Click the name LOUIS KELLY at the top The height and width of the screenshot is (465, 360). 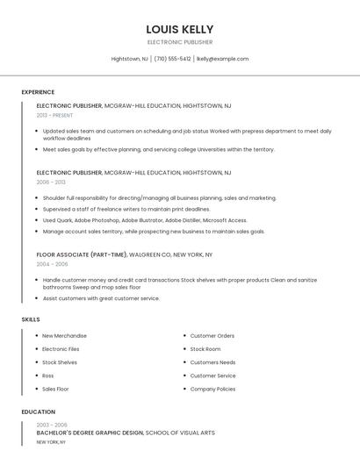(179, 29)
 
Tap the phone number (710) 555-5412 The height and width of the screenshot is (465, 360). (172, 59)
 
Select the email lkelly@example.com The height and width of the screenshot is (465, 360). (222, 59)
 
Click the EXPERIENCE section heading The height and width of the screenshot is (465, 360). (38, 92)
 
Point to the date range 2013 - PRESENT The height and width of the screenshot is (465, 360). (55, 115)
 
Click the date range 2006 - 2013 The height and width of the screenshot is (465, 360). (51, 182)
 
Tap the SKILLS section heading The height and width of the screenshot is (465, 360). (31, 319)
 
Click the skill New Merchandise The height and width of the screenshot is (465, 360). (64, 336)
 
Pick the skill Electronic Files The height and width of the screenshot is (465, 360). (61, 349)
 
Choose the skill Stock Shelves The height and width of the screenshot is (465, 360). (60, 362)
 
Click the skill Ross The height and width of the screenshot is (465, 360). (48, 376)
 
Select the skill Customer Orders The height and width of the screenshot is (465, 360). (212, 336)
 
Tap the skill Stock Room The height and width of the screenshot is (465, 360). (205, 349)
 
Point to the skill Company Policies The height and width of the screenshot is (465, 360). (212, 389)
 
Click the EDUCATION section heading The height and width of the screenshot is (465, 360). (38, 411)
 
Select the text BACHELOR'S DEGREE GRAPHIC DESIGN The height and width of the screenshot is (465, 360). (90, 433)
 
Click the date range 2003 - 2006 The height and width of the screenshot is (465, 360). (52, 425)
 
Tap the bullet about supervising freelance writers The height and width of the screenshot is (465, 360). (126, 209)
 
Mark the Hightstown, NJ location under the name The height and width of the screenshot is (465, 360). (130, 59)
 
